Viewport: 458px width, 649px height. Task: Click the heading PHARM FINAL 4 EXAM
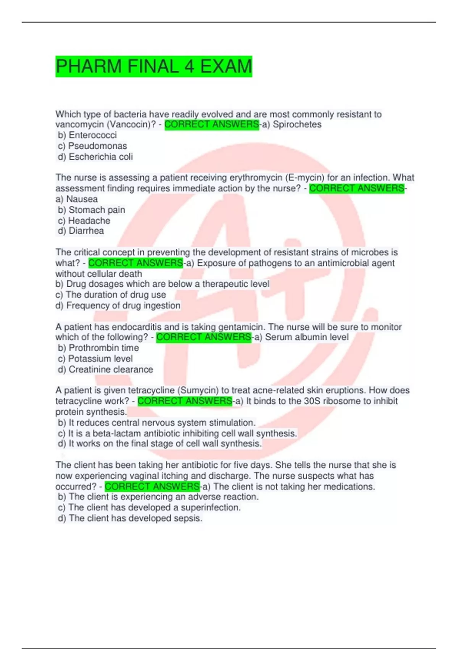(x=153, y=66)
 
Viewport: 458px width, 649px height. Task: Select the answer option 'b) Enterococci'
(x=87, y=135)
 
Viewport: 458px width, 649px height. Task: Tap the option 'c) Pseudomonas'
(x=92, y=146)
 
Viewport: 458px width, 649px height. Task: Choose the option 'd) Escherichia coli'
(x=95, y=157)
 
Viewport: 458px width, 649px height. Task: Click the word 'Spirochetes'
(x=297, y=124)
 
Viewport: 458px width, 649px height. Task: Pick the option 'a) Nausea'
(x=77, y=199)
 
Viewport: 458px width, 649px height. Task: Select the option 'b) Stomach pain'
(x=92, y=210)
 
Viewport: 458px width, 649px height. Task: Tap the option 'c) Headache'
(x=84, y=220)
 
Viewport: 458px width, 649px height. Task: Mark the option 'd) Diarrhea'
(x=81, y=231)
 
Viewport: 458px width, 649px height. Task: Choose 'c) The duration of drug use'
(x=111, y=295)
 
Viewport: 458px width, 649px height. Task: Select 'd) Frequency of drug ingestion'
(x=118, y=305)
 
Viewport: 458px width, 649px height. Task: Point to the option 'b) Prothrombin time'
(x=98, y=348)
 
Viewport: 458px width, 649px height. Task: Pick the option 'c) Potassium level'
(x=95, y=358)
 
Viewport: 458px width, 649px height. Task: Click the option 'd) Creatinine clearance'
(x=105, y=369)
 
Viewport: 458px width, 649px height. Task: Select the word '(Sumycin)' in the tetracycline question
(x=197, y=390)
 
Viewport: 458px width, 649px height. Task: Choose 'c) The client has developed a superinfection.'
(x=149, y=507)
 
